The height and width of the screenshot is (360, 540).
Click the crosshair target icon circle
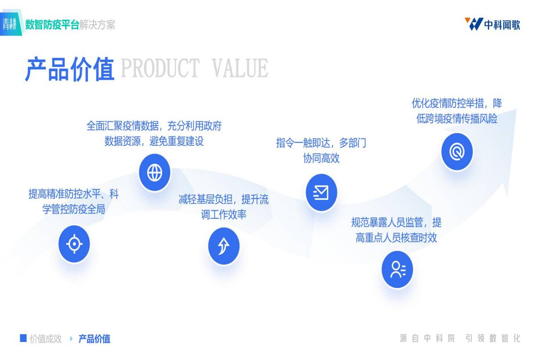tap(74, 244)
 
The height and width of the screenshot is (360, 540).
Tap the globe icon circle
tap(154, 172)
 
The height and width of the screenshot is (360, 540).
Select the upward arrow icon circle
tap(224, 246)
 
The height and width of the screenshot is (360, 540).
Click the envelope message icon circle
tap(321, 193)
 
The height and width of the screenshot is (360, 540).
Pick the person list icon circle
tap(397, 270)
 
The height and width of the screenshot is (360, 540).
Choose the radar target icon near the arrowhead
tap(457, 152)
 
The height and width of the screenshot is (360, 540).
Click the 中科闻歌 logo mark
tap(473, 24)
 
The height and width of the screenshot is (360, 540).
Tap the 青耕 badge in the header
tap(9, 24)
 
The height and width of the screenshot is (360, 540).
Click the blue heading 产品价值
tap(70, 69)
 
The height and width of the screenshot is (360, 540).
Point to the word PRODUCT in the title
tap(160, 69)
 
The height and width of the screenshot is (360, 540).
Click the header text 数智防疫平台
tap(52, 25)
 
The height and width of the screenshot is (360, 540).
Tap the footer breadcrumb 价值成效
tap(45, 339)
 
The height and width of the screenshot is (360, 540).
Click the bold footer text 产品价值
tap(94, 339)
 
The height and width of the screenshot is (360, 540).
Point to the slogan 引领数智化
tap(493, 338)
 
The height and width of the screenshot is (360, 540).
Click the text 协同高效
tap(321, 158)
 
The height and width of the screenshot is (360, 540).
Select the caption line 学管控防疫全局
tap(74, 210)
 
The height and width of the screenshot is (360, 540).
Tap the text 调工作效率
tap(224, 214)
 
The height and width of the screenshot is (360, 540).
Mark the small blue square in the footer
tap(23, 338)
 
